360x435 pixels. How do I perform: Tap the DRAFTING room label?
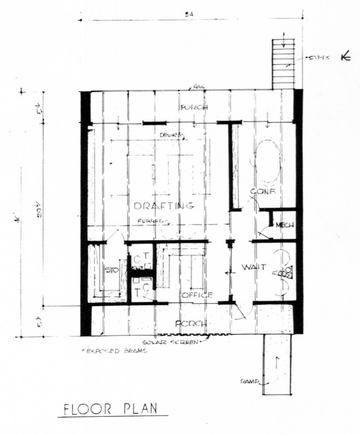click(164, 206)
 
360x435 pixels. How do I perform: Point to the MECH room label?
click(284, 225)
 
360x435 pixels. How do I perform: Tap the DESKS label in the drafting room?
click(170, 135)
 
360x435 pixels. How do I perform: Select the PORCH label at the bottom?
click(191, 324)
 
